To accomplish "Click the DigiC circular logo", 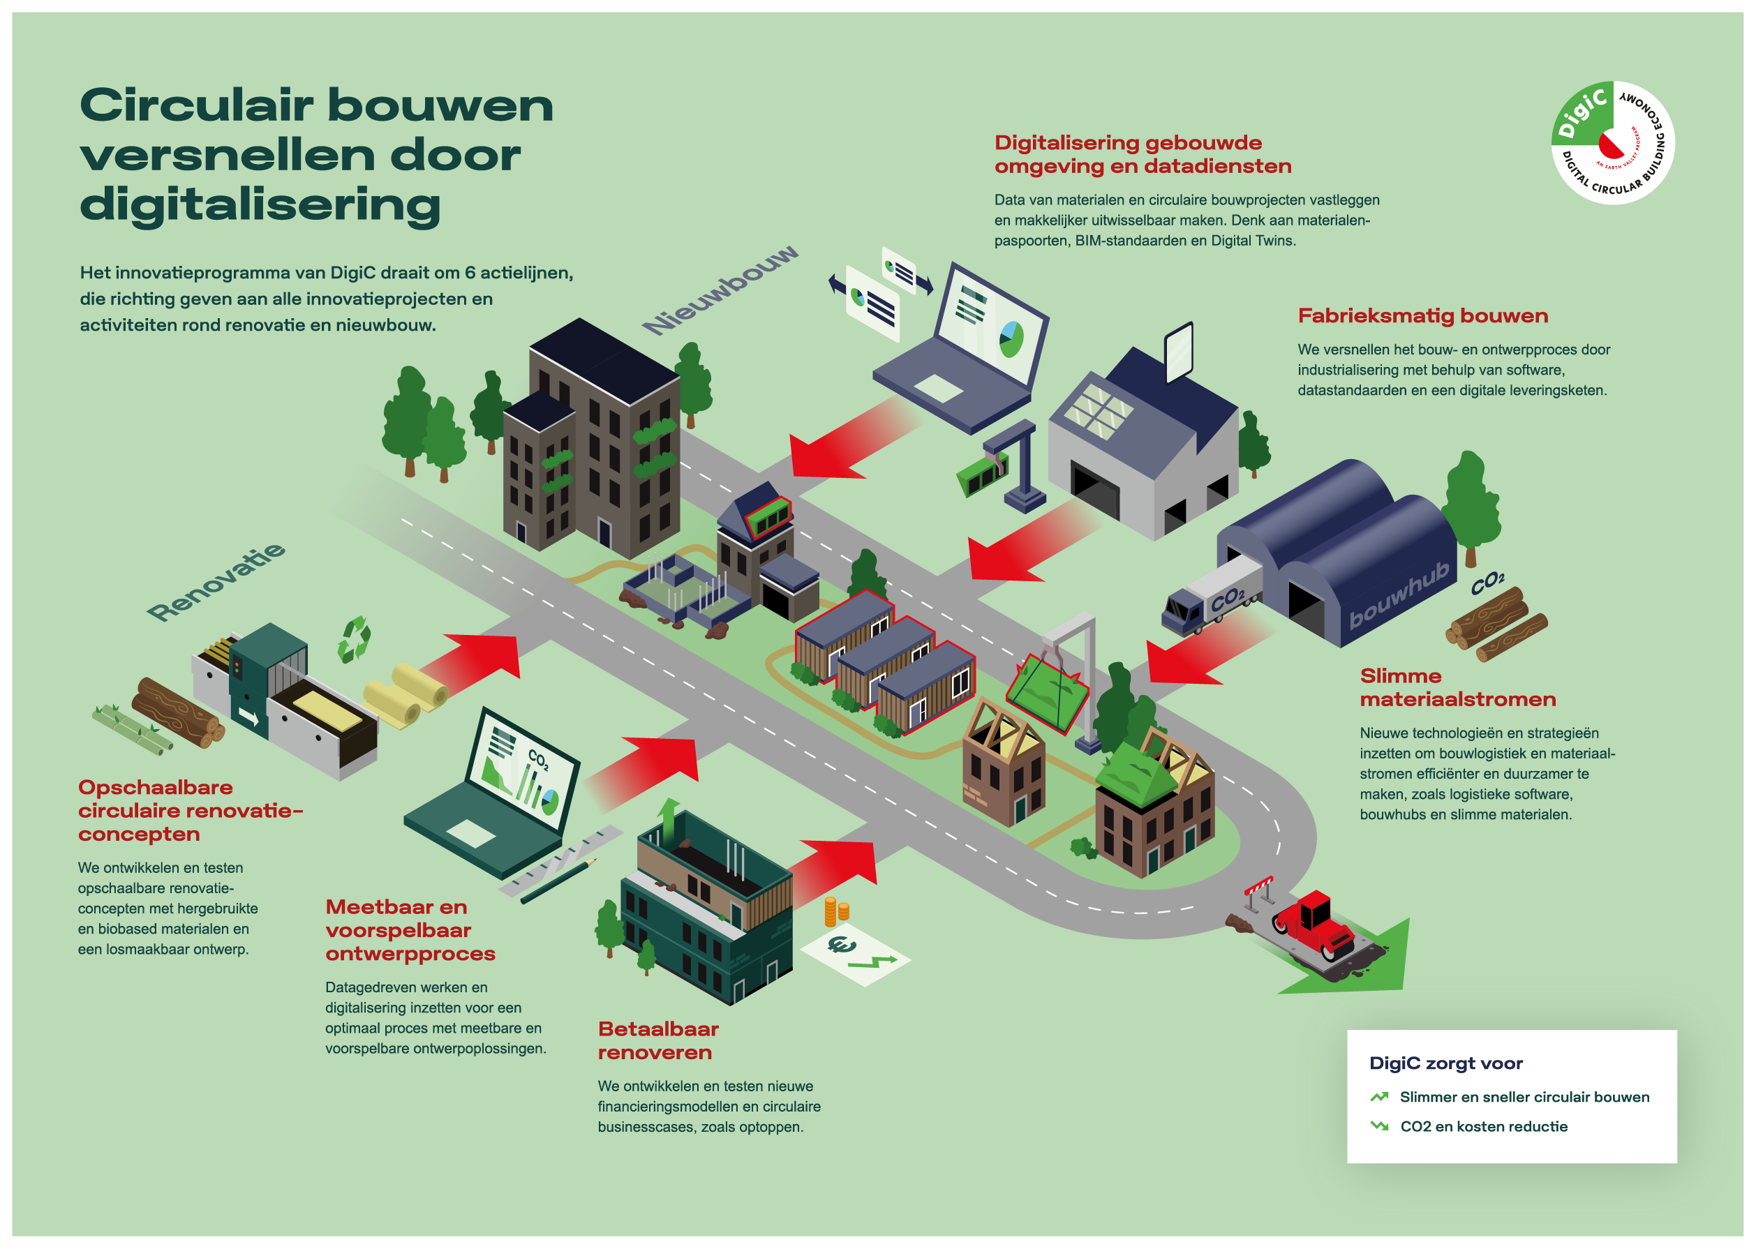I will click(1612, 142).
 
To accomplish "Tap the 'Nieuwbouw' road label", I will click(721, 290).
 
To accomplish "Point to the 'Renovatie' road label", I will click(216, 581).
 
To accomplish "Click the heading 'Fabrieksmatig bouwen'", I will click(1422, 316).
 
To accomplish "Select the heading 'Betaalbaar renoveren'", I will click(657, 1040).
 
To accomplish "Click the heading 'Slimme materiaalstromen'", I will click(1457, 687).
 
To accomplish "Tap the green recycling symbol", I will click(354, 639).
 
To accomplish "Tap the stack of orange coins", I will click(835, 911).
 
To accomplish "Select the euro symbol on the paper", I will click(841, 945).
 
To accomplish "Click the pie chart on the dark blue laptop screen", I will click(1010, 338).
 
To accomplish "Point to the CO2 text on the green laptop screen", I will click(537, 760).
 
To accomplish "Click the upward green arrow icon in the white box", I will click(1379, 1097).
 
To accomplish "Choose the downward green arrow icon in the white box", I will click(1379, 1126).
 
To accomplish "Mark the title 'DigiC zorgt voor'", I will click(1445, 1063).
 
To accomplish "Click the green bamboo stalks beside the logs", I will click(130, 728).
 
